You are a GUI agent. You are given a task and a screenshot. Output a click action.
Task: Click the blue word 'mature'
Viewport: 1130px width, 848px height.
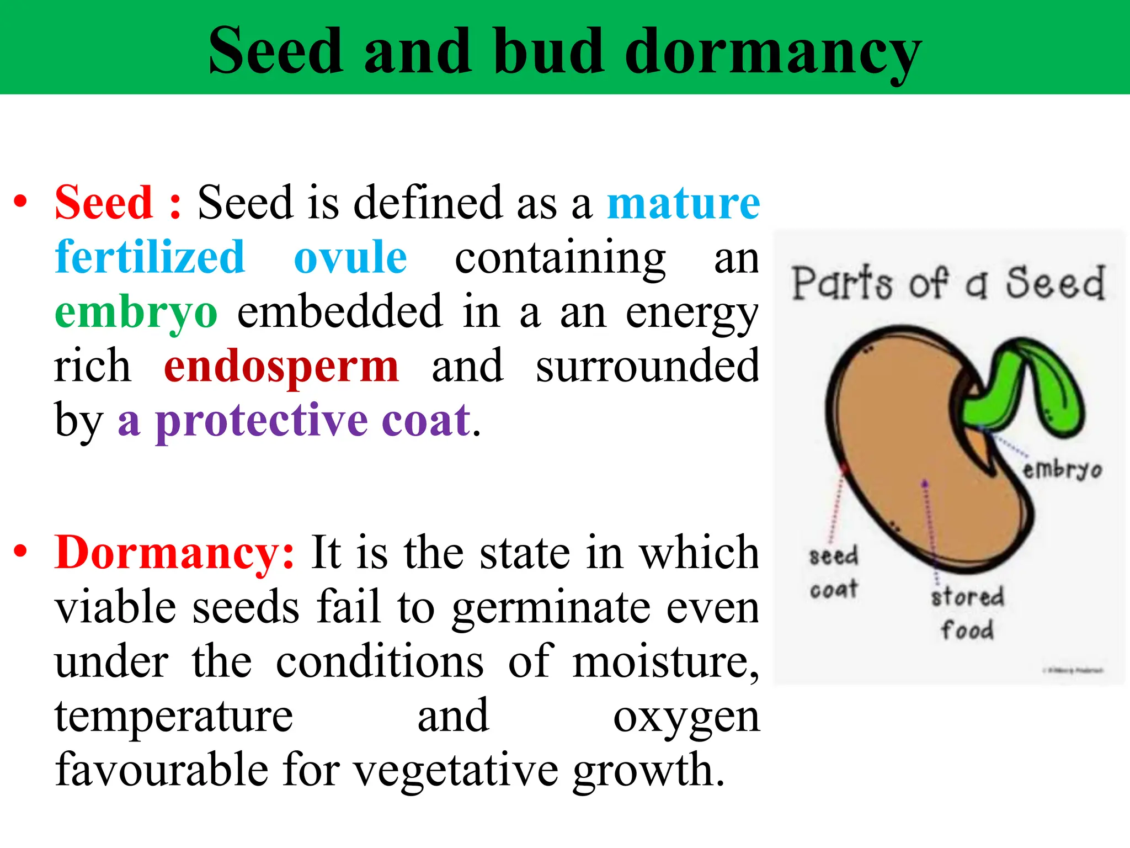point(683,203)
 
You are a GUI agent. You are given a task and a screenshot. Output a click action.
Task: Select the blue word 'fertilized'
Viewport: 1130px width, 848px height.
point(150,257)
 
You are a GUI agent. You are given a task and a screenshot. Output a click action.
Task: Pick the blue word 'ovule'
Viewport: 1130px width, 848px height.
point(350,257)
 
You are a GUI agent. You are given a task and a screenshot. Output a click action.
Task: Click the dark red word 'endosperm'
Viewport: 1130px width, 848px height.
point(281,366)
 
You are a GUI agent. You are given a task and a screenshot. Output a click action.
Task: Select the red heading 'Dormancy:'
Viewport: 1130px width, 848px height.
point(174,552)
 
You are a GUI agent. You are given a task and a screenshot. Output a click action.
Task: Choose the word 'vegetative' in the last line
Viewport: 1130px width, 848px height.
point(456,771)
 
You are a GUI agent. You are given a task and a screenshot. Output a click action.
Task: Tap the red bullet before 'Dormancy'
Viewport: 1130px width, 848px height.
point(20,550)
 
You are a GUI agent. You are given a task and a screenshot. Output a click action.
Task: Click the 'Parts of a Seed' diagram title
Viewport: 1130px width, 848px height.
point(948,283)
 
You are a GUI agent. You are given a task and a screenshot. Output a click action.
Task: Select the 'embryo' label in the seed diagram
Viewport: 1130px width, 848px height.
point(1062,470)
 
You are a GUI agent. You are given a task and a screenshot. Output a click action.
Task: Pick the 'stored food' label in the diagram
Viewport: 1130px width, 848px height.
point(967,613)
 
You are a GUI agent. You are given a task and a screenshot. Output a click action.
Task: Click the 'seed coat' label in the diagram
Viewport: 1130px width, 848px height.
point(834,572)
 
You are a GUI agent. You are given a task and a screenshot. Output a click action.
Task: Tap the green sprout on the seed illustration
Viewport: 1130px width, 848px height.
point(1021,386)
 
